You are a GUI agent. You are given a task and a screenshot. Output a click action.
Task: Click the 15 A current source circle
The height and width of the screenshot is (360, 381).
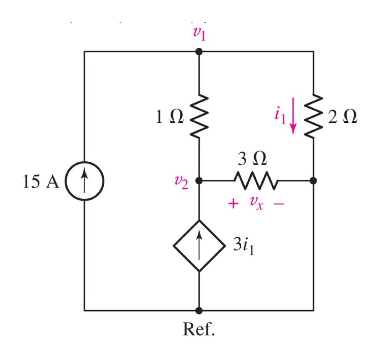coord(84,180)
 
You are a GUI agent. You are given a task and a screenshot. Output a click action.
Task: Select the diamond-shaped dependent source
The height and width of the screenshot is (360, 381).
coord(199,246)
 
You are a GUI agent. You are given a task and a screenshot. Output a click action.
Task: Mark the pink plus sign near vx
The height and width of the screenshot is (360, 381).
coord(233,204)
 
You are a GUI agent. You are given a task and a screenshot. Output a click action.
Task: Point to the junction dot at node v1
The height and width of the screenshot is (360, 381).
coord(199,51)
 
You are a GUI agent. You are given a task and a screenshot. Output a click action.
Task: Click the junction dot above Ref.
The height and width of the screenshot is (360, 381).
coord(199,310)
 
